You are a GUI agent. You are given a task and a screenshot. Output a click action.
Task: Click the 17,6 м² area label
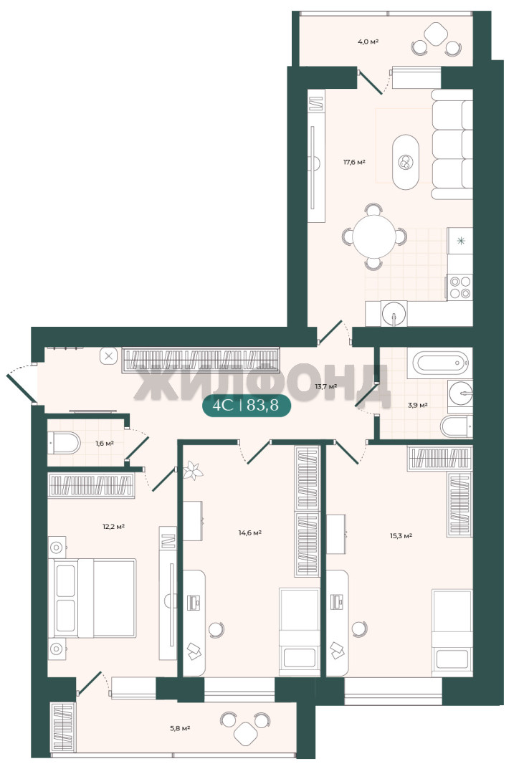coord(354,161)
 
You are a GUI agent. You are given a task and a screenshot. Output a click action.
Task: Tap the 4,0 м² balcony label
coord(368,42)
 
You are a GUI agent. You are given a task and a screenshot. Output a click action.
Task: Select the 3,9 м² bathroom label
coord(417,405)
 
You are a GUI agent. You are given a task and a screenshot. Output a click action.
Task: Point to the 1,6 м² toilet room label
coord(105,443)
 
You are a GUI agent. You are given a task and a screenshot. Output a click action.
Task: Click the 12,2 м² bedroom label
coord(113,526)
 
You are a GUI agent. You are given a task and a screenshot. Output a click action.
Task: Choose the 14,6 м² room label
coord(250,532)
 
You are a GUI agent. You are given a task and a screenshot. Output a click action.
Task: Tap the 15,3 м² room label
coord(401,535)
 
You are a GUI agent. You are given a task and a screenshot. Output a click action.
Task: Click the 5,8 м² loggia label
coord(180,727)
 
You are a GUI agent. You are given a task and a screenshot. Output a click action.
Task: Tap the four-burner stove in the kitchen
coord(459,287)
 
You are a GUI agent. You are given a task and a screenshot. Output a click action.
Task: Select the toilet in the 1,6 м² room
coord(65,443)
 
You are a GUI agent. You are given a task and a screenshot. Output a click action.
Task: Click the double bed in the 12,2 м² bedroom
coord(92,598)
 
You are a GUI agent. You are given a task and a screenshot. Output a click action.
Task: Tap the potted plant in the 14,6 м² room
coord(192,470)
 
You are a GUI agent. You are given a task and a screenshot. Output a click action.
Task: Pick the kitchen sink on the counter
coord(394,313)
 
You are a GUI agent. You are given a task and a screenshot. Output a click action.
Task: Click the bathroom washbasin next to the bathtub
coord(460,394)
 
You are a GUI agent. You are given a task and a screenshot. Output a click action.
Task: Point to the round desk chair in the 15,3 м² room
coord(359,629)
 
